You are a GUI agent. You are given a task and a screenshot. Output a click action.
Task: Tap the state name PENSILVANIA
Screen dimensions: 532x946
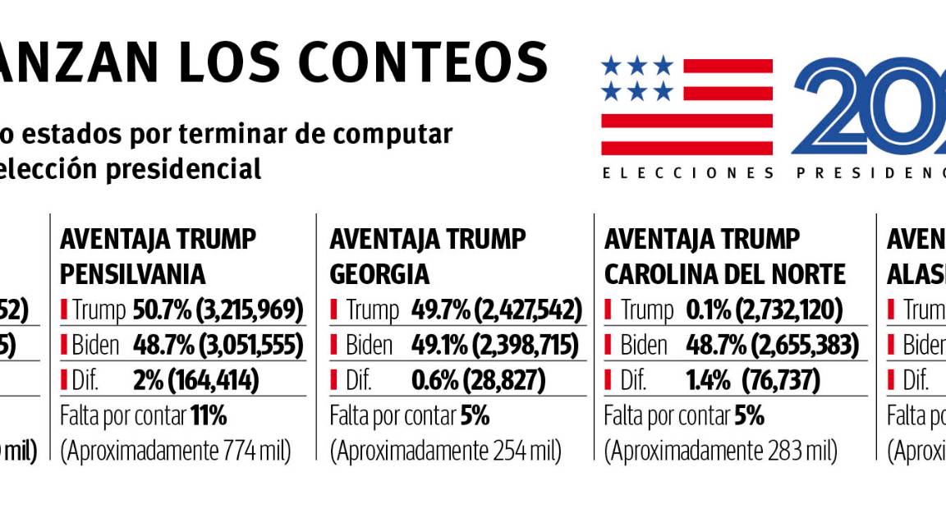pyautogui.click(x=133, y=273)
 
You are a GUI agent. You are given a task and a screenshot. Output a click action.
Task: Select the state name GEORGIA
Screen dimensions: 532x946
pyautogui.click(x=379, y=273)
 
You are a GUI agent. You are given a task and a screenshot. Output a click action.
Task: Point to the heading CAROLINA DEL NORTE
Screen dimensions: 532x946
pyautogui.click(x=725, y=273)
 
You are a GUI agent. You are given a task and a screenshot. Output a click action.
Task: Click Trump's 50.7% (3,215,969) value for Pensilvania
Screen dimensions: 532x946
pyautogui.click(x=218, y=310)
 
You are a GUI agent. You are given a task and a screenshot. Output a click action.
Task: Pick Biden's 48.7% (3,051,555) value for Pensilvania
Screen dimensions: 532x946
pyautogui.click(x=218, y=346)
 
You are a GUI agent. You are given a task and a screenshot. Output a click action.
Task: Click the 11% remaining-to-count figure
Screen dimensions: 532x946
pyautogui.click(x=209, y=416)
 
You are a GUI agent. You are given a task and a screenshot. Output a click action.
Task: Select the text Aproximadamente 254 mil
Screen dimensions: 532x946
pyautogui.click(x=446, y=452)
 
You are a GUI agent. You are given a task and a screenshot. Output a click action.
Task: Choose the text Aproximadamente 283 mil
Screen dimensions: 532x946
pyautogui.click(x=720, y=452)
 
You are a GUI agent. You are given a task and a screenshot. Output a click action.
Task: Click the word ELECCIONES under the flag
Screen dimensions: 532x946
pyautogui.click(x=689, y=173)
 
